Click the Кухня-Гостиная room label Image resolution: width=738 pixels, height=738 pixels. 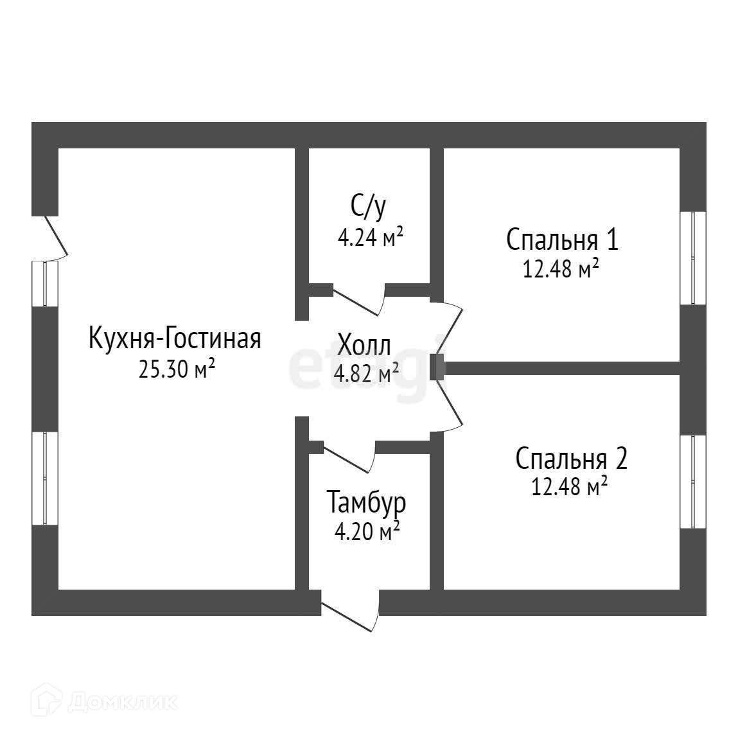[175, 338]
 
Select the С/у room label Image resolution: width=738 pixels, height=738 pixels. [369, 206]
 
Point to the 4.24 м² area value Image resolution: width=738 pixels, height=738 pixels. [370, 238]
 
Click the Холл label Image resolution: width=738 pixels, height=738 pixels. [364, 345]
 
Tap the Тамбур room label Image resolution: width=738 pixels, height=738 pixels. [367, 503]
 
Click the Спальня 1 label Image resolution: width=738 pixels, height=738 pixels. [562, 240]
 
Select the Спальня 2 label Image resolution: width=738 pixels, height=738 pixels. [571, 459]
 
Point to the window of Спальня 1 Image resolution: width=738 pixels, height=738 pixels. [693, 258]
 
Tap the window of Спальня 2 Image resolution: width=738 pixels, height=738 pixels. [693, 482]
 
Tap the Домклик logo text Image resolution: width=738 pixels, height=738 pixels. [122, 702]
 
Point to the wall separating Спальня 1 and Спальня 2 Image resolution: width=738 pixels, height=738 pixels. [563, 368]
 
